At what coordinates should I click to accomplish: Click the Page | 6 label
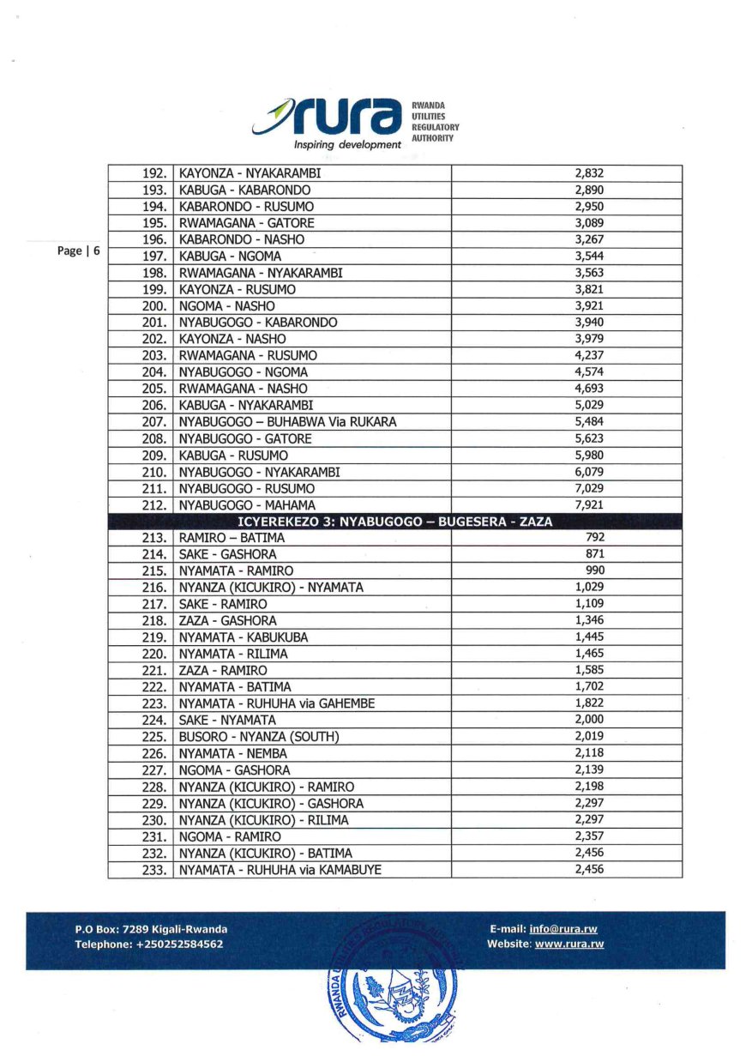point(79,250)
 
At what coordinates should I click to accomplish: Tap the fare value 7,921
point(589,504)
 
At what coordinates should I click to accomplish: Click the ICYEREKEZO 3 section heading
point(394,522)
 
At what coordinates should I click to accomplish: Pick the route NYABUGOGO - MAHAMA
point(247,504)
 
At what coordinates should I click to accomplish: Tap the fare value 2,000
point(589,720)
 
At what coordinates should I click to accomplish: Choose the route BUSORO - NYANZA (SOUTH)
point(259,737)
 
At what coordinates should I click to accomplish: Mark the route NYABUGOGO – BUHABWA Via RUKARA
point(286,422)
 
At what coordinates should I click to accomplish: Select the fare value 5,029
point(589,405)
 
